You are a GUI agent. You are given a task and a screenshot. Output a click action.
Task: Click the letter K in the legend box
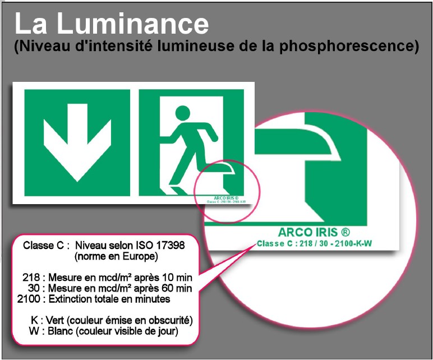(34, 320)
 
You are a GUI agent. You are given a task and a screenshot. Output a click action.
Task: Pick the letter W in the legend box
(34, 331)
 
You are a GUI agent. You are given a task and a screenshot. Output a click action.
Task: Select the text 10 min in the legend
(178, 278)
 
